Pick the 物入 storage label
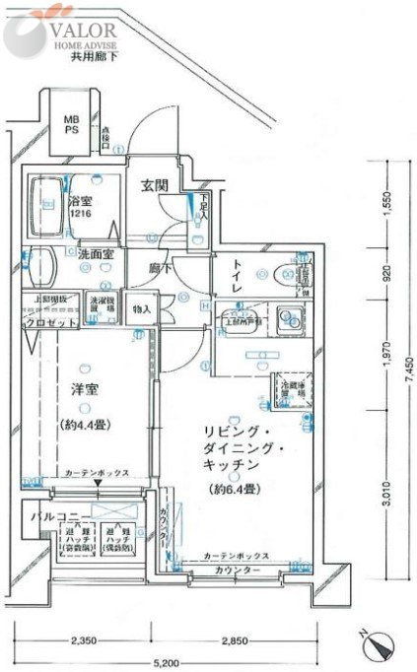(142, 309)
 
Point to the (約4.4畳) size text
(95, 417)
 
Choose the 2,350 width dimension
(84, 640)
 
